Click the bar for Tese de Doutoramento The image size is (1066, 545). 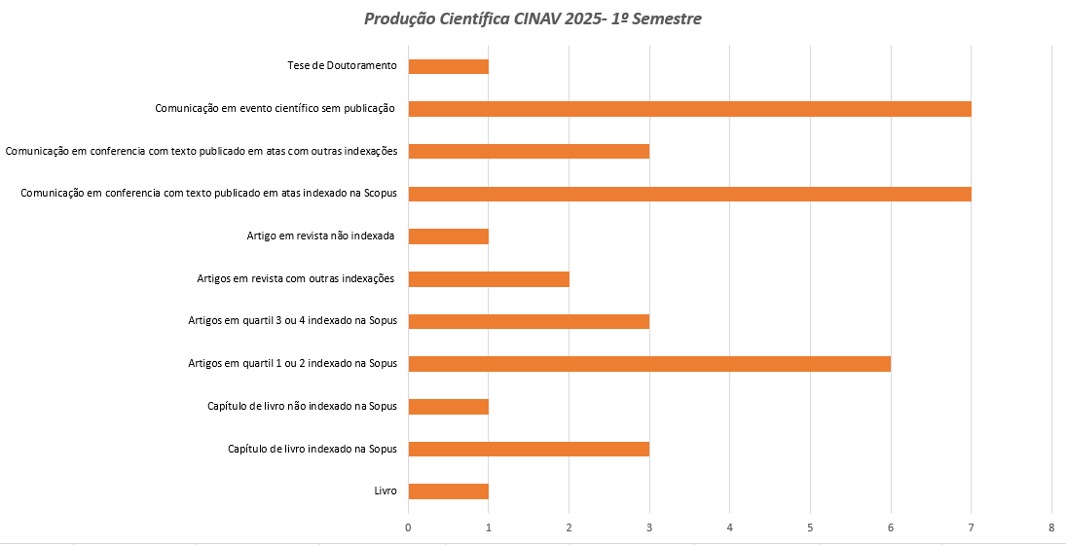click(448, 66)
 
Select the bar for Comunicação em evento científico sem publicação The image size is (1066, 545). click(689, 109)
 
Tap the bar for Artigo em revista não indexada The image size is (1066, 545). click(448, 236)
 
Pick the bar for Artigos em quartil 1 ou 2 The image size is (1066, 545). click(649, 364)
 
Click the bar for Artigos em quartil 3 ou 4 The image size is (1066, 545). click(529, 321)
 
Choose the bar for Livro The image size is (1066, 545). click(448, 491)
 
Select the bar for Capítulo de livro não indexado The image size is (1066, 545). click(448, 407)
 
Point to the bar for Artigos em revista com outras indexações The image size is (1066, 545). click(489, 279)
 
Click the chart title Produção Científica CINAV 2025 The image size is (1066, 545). click(533, 18)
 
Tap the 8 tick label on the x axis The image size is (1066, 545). click(1051, 527)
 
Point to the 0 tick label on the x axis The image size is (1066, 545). click(408, 527)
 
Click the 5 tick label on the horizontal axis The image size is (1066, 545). click(810, 527)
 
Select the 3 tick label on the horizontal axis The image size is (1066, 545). click(649, 527)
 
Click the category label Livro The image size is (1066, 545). click(386, 491)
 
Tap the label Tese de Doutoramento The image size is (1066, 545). click(342, 66)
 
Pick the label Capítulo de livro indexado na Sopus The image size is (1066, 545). click(312, 449)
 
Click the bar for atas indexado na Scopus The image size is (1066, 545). click(689, 194)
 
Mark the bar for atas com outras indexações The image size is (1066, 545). click(529, 151)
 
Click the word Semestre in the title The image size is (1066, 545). click(666, 18)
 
